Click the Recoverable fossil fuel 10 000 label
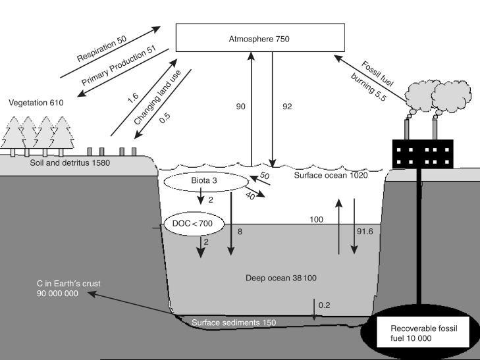click(x=429, y=332)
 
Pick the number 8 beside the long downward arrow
click(x=239, y=232)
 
